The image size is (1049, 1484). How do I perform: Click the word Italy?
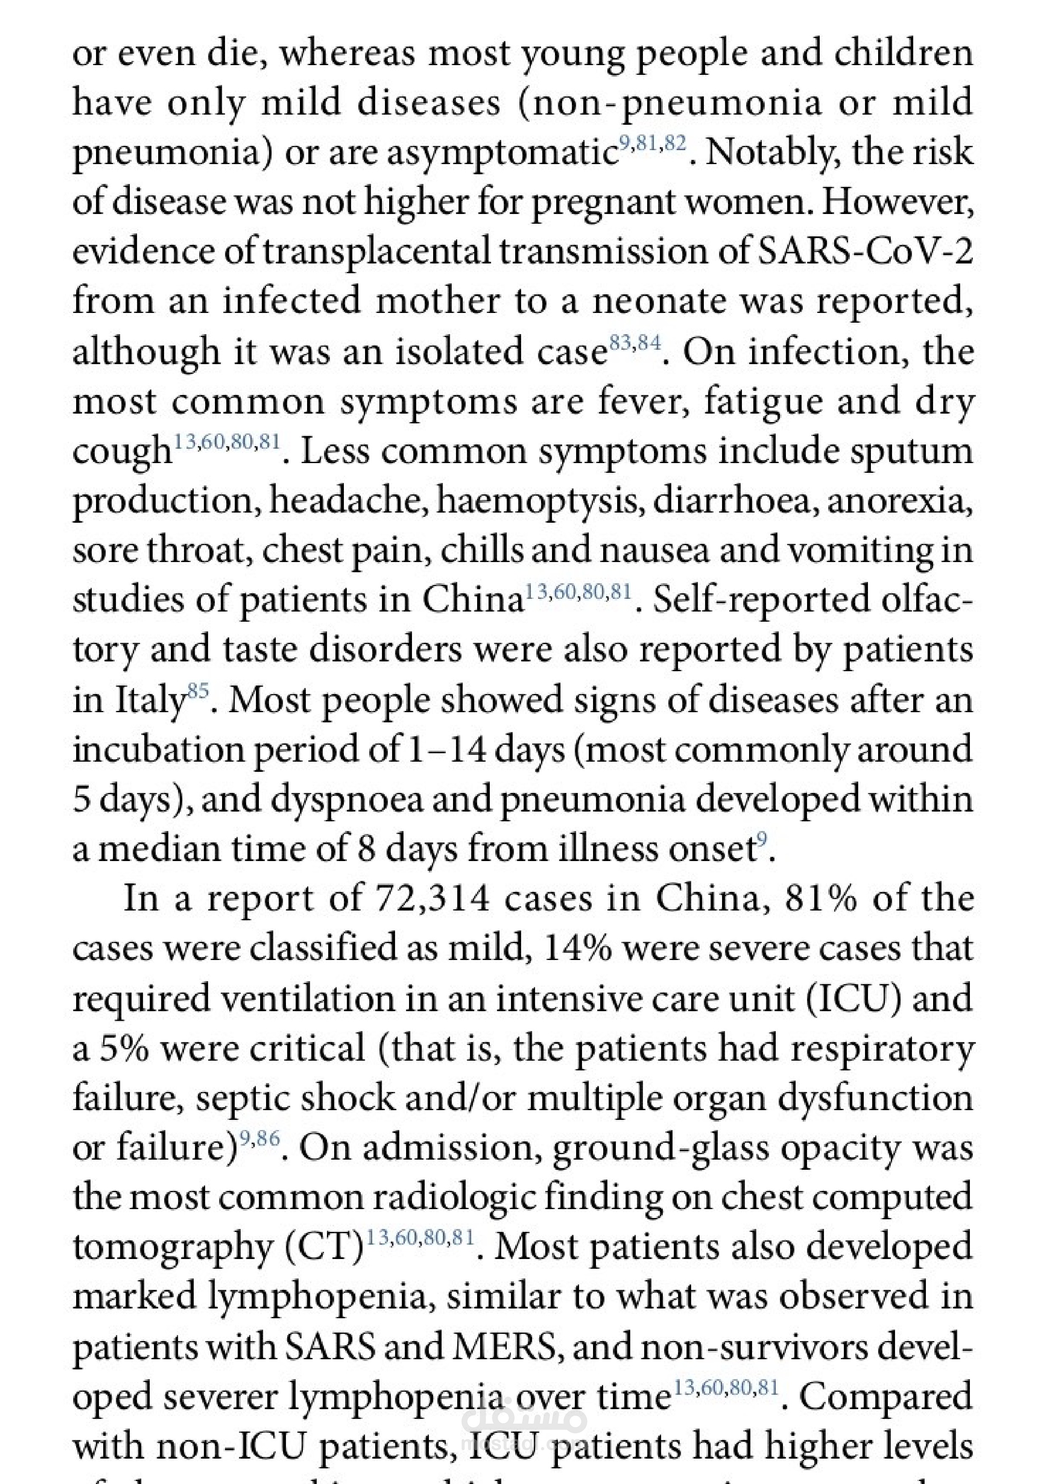(150, 701)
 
